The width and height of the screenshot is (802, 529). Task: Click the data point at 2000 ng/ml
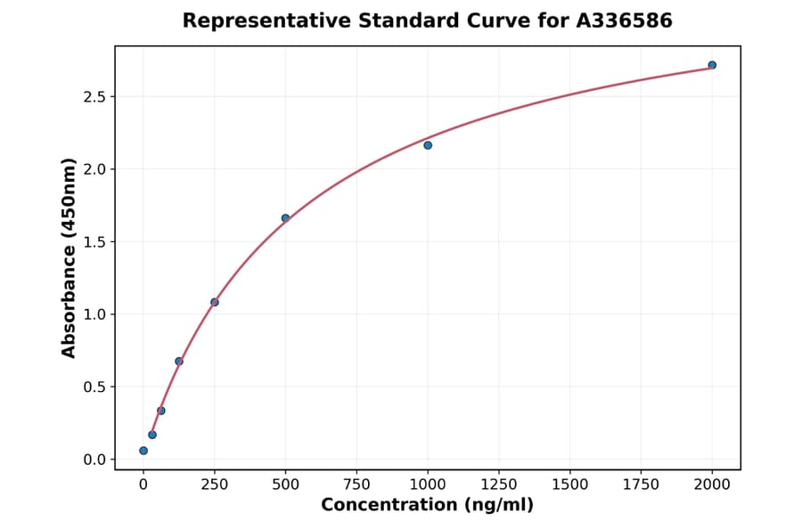point(712,65)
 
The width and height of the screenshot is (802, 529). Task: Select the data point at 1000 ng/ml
point(428,145)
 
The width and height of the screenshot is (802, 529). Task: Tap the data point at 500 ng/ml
point(285,218)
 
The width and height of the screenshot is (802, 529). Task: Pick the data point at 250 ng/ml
point(215,302)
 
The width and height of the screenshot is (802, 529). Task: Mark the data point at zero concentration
point(143,451)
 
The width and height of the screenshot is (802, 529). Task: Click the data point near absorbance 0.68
point(179,361)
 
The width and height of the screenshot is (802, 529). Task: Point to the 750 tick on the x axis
point(356,484)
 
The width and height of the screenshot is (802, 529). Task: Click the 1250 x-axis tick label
point(499,484)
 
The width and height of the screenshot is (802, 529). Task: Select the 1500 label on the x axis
point(570,484)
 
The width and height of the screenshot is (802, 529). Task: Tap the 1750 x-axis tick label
point(641,484)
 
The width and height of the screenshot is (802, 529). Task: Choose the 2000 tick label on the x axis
point(712,484)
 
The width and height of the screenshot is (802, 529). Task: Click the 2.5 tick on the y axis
point(94,96)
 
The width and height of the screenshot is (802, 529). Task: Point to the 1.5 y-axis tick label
point(94,241)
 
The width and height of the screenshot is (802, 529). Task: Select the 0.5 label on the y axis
point(94,387)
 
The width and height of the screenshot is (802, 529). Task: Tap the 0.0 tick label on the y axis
point(94,460)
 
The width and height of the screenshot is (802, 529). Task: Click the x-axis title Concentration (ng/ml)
point(427,506)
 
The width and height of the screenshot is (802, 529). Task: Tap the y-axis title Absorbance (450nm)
point(70,257)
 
